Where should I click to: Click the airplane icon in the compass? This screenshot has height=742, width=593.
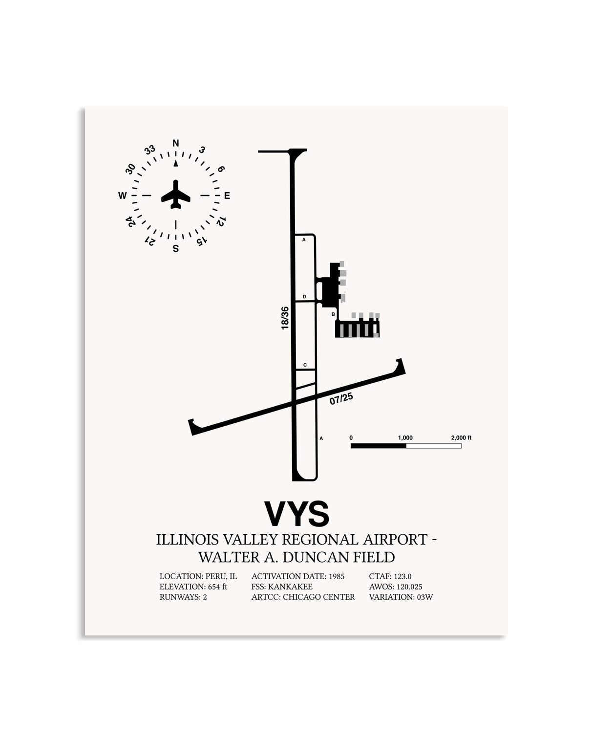click(x=175, y=194)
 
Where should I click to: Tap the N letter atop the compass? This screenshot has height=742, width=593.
click(x=176, y=143)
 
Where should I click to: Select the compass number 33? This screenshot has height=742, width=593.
click(x=150, y=150)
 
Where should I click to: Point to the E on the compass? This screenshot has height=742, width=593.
click(x=227, y=196)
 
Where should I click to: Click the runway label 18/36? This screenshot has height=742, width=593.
click(x=285, y=318)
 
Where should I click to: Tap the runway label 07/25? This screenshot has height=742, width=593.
click(x=341, y=398)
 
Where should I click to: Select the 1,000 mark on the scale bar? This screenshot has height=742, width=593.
click(x=405, y=437)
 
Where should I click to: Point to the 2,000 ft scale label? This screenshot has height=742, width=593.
click(x=461, y=437)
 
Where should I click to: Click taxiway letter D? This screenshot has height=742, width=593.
click(x=304, y=297)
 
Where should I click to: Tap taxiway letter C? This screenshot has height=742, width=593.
click(x=305, y=365)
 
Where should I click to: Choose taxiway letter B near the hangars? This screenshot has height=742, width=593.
click(x=333, y=314)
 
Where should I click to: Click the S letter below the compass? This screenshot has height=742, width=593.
click(x=176, y=248)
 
